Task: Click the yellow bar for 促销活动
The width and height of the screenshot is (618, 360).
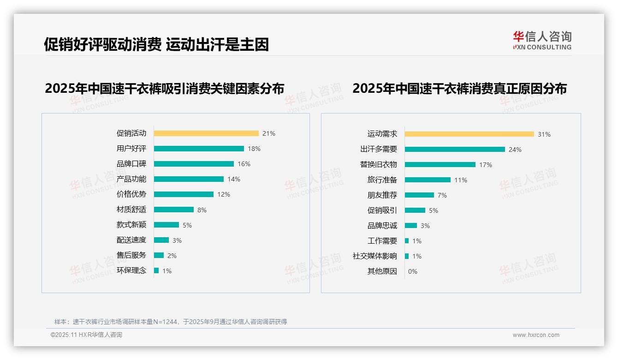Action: coord(206,133)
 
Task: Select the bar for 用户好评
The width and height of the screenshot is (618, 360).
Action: coord(199,149)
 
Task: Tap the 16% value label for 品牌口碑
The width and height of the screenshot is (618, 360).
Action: coord(244,164)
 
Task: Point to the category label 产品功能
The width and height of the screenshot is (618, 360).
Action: coord(131,179)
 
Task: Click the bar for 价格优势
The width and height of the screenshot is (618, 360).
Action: coord(184,194)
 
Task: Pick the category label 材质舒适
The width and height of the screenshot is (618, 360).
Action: coord(131,210)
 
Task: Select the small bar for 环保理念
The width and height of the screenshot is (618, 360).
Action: coord(156,270)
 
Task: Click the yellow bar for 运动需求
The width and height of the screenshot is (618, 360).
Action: coord(469,134)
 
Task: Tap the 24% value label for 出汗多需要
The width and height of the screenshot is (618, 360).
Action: coord(515,150)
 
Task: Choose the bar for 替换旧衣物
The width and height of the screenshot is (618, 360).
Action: coord(440,165)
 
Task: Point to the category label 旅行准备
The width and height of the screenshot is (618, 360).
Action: coord(382,180)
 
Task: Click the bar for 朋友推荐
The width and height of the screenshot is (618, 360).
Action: coord(419,195)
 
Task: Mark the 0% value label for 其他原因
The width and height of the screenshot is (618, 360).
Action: coord(413,271)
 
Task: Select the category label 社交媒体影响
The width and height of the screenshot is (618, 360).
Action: coord(374,256)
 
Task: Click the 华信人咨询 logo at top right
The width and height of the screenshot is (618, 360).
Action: coord(542,41)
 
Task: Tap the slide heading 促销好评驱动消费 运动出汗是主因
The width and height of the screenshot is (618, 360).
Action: coord(156,45)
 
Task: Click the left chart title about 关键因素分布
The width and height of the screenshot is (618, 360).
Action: coord(165,88)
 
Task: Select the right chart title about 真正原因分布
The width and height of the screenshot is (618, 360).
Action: coord(459,88)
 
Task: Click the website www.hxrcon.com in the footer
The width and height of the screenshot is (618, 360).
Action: coord(536,335)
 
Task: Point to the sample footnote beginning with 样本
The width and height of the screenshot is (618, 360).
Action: coord(171,322)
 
